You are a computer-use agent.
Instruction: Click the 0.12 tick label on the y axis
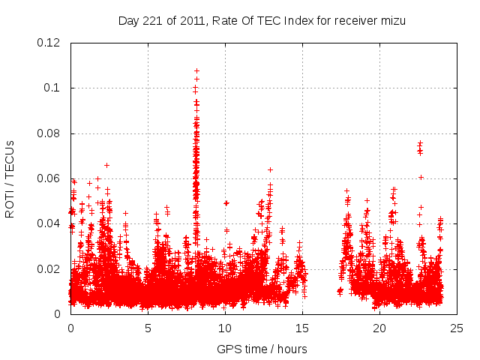[x=50, y=43]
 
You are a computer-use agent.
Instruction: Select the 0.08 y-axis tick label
[x=50, y=133]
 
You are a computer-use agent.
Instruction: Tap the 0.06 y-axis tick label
[x=50, y=178]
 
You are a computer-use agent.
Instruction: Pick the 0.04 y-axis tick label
[x=50, y=223]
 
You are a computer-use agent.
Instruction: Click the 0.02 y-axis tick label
[x=50, y=268]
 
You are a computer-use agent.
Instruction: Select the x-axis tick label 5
[x=148, y=328]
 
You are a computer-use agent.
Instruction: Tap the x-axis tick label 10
[x=225, y=328]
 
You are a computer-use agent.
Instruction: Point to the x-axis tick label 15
[x=302, y=328]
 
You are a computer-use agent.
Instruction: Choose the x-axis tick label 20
[x=379, y=328]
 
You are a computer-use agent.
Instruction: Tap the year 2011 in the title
[x=190, y=21]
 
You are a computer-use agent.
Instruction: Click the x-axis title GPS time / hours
[x=263, y=349]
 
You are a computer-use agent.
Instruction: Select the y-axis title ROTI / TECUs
[x=10, y=178]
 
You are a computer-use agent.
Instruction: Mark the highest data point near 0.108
[x=196, y=70]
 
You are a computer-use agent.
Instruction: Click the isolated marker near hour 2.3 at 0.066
[x=106, y=165]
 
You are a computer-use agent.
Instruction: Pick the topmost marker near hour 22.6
[x=420, y=142]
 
